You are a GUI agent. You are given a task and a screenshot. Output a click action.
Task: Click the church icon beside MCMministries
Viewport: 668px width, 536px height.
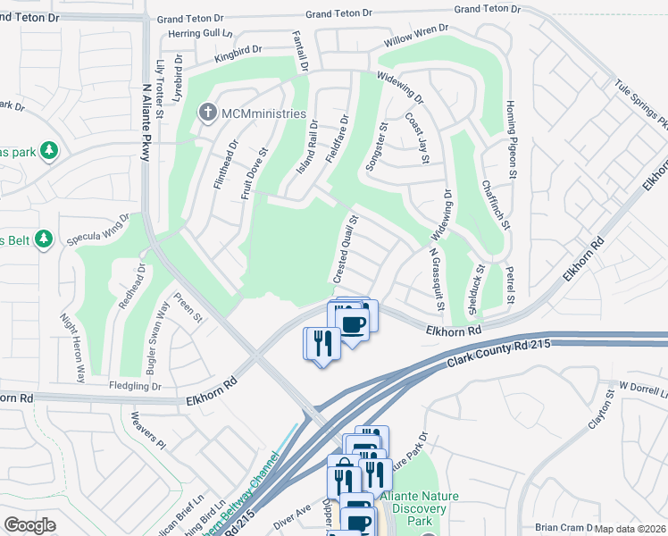[x=207, y=113]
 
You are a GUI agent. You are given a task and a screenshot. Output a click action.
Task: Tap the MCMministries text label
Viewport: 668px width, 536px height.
[x=263, y=114]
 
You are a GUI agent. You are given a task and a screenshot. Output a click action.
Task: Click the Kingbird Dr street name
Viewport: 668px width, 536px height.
[x=238, y=53]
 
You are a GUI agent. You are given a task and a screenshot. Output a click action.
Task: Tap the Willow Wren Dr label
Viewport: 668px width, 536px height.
[x=415, y=36]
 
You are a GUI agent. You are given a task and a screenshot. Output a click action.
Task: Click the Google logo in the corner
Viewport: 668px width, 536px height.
[x=29, y=524]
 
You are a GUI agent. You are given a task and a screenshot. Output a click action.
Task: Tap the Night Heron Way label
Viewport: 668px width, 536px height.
[x=71, y=348]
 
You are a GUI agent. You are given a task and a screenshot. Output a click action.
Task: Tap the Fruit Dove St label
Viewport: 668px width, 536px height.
[x=255, y=174]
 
